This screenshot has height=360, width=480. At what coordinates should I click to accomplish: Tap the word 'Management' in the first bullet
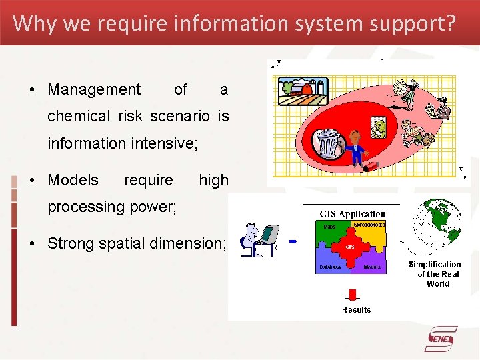pos(94,89)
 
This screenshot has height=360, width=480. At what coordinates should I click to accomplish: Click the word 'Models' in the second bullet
pos(73,180)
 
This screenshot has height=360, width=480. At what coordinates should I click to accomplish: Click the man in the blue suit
pos(356,146)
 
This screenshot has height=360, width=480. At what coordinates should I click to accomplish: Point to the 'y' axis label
pos(278,62)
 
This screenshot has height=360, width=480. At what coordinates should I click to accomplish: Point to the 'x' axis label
pos(460,169)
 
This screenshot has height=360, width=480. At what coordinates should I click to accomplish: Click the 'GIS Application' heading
pos(352,214)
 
